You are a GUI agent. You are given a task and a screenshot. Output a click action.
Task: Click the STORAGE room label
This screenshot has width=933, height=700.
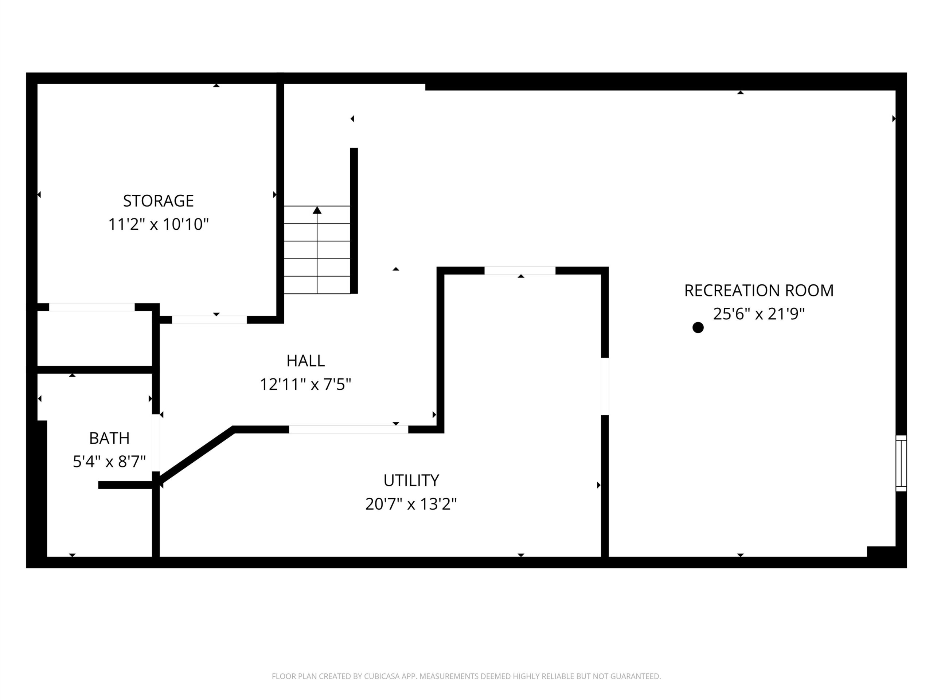(158, 201)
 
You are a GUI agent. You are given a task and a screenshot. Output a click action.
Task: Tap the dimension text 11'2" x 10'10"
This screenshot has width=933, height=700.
(159, 225)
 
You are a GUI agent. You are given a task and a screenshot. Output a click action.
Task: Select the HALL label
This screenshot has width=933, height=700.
(305, 361)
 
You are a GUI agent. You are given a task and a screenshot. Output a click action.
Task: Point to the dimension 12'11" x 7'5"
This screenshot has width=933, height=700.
(305, 384)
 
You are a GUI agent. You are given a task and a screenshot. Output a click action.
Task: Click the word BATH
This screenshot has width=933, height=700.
(109, 438)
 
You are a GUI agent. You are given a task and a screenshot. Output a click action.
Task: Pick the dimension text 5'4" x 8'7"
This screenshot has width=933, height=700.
(109, 462)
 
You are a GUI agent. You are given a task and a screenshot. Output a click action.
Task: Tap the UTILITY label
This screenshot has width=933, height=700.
(411, 480)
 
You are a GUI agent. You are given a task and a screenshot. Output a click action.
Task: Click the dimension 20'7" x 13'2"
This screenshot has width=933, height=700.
(411, 504)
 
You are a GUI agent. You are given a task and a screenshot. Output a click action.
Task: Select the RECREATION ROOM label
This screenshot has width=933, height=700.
(759, 290)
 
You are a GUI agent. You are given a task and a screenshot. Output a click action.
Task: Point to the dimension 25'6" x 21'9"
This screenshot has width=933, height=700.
(759, 314)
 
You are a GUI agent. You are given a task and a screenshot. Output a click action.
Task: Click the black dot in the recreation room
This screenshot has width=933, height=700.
(698, 327)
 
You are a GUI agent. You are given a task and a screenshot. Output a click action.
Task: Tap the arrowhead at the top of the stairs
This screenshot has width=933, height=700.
(317, 210)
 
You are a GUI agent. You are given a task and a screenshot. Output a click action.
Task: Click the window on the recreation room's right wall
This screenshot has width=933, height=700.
(901, 463)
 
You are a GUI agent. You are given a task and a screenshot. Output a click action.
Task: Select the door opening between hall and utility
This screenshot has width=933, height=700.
(348, 429)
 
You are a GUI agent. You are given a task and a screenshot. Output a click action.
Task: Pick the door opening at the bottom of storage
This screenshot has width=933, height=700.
(209, 320)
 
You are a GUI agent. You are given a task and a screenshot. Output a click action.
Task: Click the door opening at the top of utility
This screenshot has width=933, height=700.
(520, 271)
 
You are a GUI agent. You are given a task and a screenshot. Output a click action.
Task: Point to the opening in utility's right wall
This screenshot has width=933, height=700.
(605, 386)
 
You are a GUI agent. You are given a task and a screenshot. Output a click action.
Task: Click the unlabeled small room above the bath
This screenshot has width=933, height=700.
(95, 338)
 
